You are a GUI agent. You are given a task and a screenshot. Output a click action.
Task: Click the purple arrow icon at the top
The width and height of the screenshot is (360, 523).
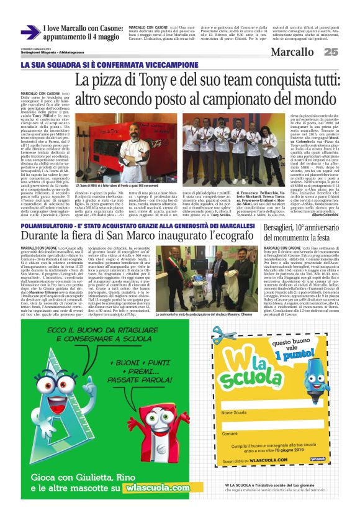[x=30, y=33]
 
